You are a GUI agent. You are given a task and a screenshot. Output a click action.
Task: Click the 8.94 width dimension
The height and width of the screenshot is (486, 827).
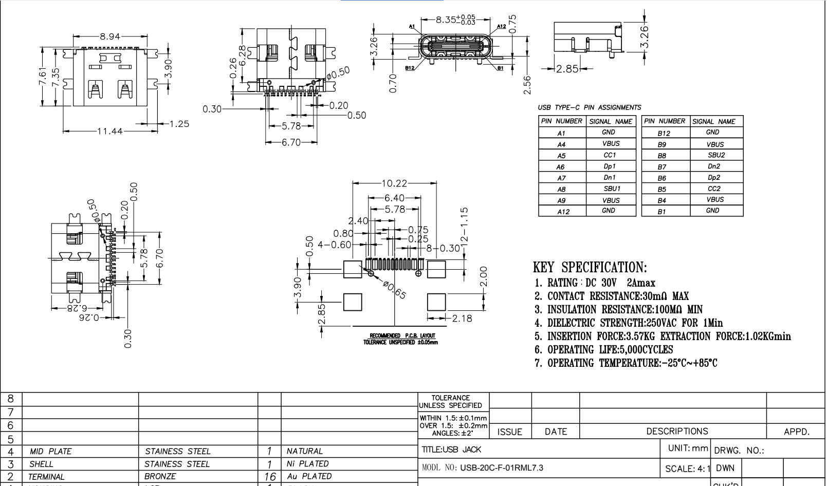pyautogui.click(x=109, y=36)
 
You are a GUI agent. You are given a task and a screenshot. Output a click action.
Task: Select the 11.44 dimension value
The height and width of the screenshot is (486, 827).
pyautogui.click(x=110, y=132)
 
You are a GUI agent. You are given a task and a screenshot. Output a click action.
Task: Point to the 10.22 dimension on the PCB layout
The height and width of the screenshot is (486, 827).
pyautogui.click(x=394, y=183)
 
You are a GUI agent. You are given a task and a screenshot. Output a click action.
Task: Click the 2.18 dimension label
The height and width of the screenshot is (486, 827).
pyautogui.click(x=461, y=319)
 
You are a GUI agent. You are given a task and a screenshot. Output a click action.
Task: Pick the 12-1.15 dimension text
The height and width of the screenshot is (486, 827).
pyautogui.click(x=464, y=225)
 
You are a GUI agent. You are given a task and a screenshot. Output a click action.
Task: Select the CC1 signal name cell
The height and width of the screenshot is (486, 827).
pyautogui.click(x=610, y=155)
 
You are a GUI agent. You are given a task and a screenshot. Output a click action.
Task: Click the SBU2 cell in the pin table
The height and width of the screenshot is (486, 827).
pyautogui.click(x=716, y=155)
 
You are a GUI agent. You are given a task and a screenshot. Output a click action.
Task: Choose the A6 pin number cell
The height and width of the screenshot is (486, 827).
pyautogui.click(x=561, y=167)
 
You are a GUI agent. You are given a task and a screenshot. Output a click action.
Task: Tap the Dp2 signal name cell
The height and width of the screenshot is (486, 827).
pyautogui.click(x=714, y=178)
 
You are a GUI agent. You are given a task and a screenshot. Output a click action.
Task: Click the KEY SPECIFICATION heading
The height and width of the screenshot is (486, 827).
pyautogui.click(x=590, y=268)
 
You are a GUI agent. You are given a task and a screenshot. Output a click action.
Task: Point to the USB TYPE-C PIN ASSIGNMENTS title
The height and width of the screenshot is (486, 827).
pyautogui.click(x=589, y=108)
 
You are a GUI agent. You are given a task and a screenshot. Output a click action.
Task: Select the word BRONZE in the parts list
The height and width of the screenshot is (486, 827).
pyautogui.click(x=160, y=477)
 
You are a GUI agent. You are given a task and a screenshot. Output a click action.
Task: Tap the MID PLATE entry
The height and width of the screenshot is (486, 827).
pyautogui.click(x=51, y=452)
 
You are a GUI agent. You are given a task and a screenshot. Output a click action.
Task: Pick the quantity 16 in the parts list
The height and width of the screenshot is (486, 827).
pyautogui.click(x=269, y=477)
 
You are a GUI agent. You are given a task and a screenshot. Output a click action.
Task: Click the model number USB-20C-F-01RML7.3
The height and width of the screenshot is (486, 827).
pyautogui.click(x=501, y=468)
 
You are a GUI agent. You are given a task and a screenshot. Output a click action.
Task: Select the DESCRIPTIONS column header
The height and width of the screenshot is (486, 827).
pyautogui.click(x=677, y=432)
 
